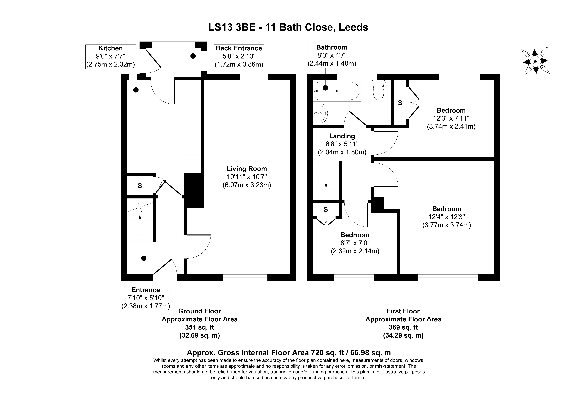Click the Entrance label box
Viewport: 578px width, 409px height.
pos(146,298)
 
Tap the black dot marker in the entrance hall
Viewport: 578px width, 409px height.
pos(144,258)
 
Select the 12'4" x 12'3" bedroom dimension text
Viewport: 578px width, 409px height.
pos(447,217)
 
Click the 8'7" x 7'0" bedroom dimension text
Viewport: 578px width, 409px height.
pos(355,243)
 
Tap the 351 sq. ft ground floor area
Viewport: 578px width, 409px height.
pos(200,327)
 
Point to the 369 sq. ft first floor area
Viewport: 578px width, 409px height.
pos(403,327)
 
